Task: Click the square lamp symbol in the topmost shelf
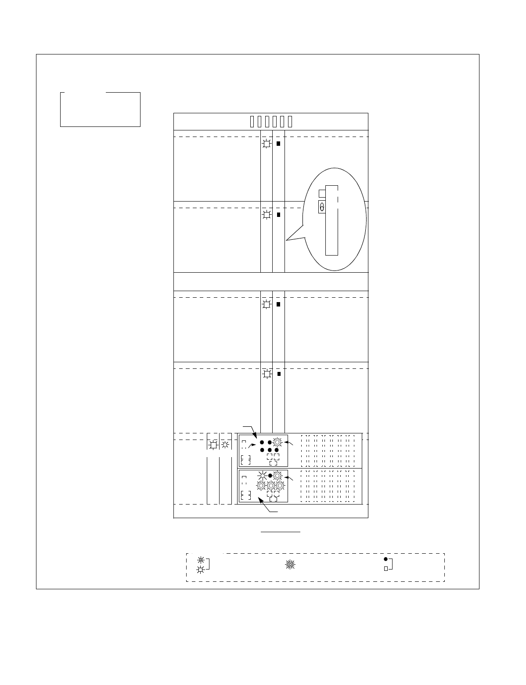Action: (266, 144)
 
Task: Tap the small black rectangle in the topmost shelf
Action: (278, 144)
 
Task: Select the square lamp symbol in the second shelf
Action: (266, 215)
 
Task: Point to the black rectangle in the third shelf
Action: (278, 304)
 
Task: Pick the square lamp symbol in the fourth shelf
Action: (266, 374)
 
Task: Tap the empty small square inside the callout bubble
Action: (322, 193)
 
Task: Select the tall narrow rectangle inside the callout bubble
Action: (332, 220)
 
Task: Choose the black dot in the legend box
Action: (385, 559)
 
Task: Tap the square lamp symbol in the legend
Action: (201, 570)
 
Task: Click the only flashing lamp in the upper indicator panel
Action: (277, 442)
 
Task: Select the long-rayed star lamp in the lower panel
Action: (263, 475)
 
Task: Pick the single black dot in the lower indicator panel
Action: (270, 475)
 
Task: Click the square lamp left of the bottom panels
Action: (213, 445)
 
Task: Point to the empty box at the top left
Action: (100, 109)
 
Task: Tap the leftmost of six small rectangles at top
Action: (252, 122)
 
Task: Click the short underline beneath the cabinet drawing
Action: (281, 532)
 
